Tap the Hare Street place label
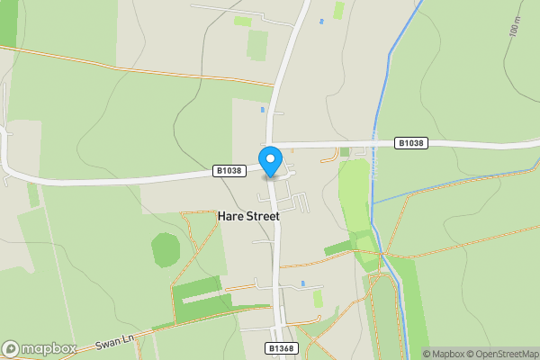pyautogui.click(x=248, y=216)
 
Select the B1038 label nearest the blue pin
pyautogui.click(x=229, y=170)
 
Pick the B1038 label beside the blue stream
pyautogui.click(x=410, y=143)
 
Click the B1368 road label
pyautogui.click(x=281, y=347)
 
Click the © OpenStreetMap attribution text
pyautogui.click(x=501, y=354)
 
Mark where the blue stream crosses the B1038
pyautogui.click(x=373, y=144)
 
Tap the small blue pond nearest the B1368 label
pyautogui.click(x=304, y=283)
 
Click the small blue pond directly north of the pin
pyautogui.click(x=263, y=110)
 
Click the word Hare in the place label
pyautogui.click(x=229, y=216)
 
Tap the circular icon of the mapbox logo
pyautogui.click(x=12, y=348)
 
